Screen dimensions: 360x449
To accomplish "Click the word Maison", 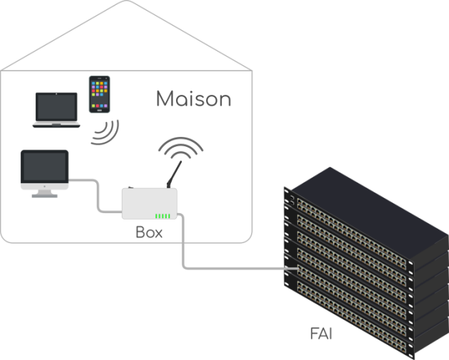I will [x=193, y=98].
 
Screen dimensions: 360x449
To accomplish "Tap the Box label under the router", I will [x=149, y=232].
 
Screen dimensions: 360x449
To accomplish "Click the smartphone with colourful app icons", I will [x=100, y=94].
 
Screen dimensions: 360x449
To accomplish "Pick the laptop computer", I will [x=56, y=110].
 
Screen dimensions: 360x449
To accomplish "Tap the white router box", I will [x=149, y=204].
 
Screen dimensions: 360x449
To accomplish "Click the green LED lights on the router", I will [x=163, y=216].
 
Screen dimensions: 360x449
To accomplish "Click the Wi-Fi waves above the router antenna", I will [x=180, y=148].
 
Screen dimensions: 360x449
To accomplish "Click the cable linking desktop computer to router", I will [x=96, y=194].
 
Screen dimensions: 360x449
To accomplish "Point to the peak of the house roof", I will [x=126, y=2].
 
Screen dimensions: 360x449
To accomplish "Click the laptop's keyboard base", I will [x=56, y=124].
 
